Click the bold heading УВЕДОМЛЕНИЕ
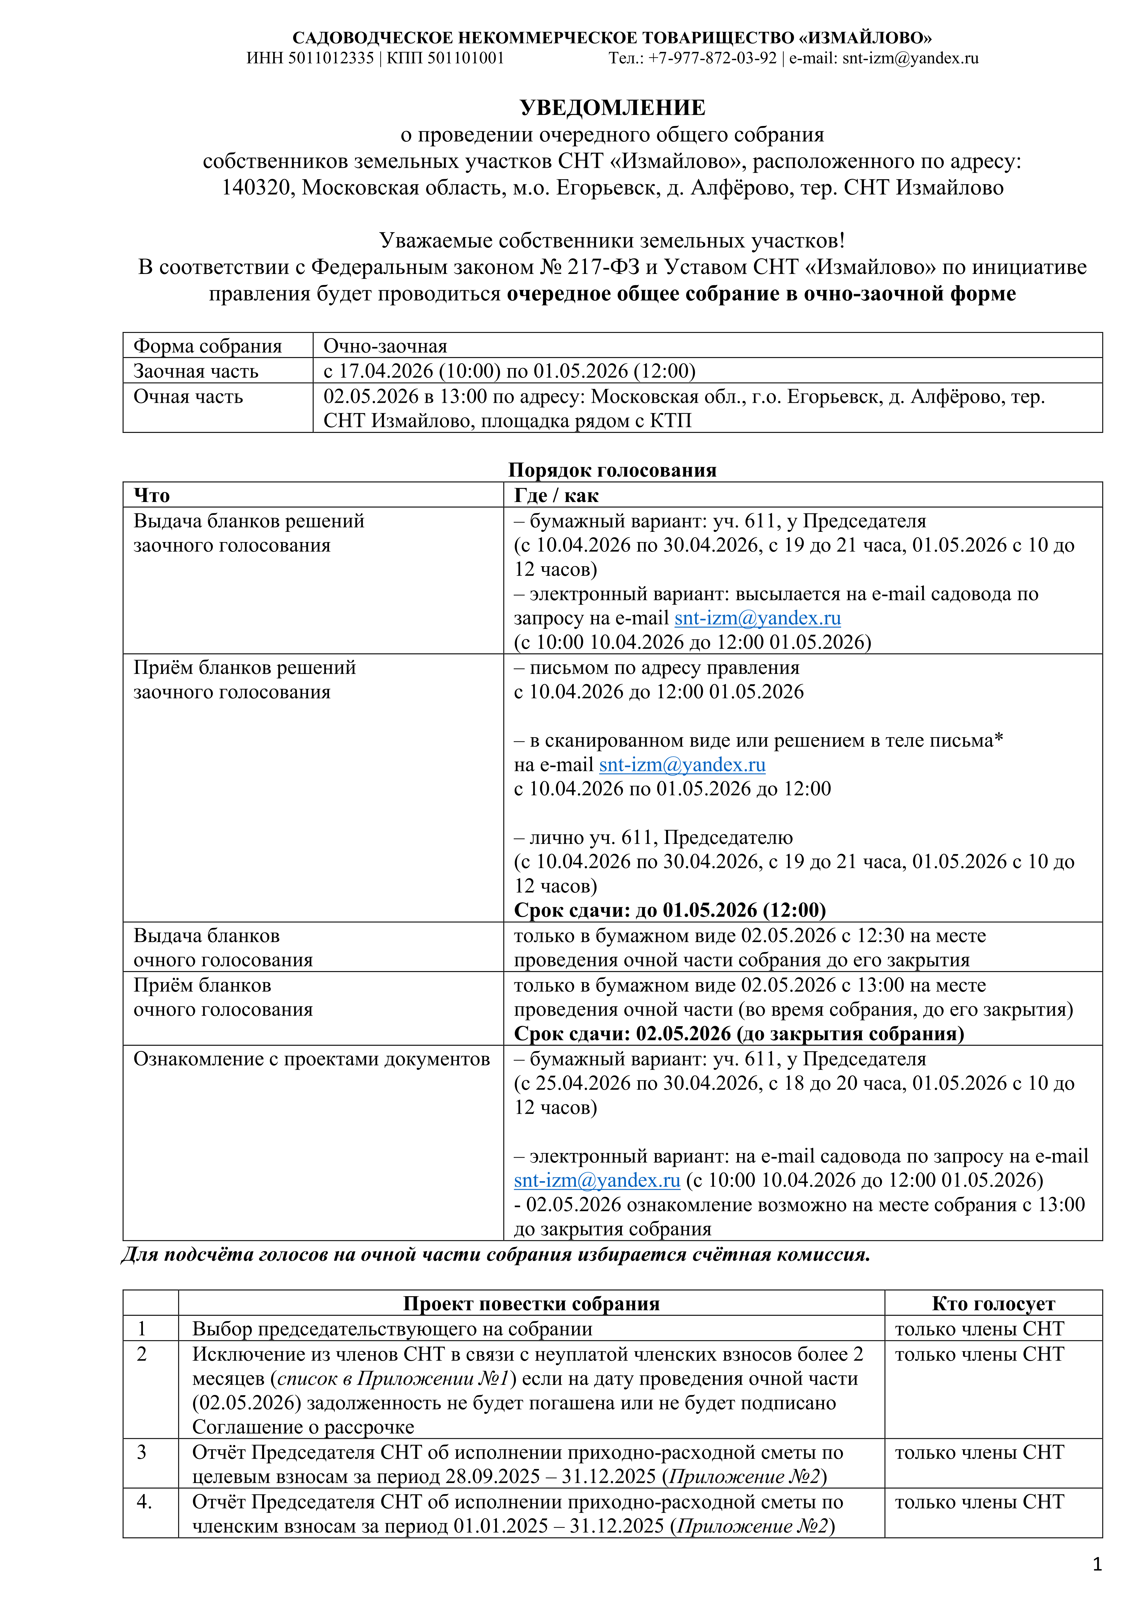tap(612, 108)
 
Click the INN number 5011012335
tap(331, 58)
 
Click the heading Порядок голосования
tap(612, 470)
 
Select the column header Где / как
tap(556, 496)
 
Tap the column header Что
tap(152, 496)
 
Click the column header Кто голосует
tap(993, 1304)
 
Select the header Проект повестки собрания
tap(531, 1304)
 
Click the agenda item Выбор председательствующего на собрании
tap(392, 1329)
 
